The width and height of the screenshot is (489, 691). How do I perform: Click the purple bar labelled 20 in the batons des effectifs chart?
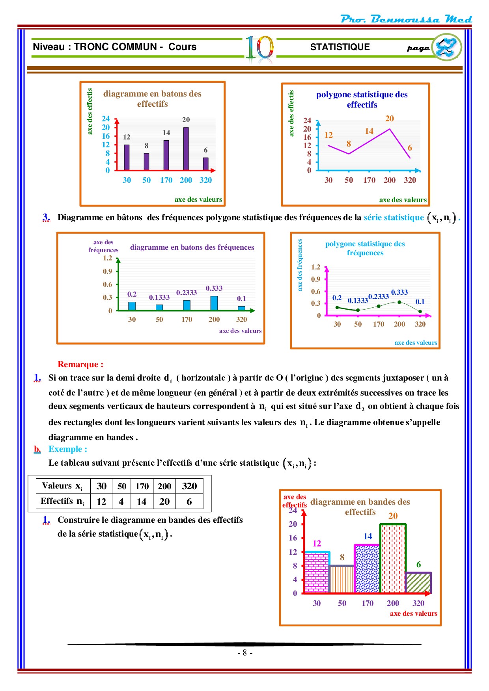click(186, 149)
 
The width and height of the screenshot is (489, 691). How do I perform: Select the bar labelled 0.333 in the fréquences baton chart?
click(214, 303)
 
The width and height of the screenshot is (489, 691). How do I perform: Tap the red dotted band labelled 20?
click(393, 559)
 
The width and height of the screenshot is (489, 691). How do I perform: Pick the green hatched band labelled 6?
click(418, 583)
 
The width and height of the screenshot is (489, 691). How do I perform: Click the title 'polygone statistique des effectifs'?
click(362, 100)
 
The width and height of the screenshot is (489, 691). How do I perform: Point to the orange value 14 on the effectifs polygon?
click(369, 131)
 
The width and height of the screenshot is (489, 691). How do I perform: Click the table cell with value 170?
click(142, 486)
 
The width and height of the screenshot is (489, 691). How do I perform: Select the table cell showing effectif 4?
click(121, 502)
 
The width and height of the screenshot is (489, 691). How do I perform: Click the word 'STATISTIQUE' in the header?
click(340, 47)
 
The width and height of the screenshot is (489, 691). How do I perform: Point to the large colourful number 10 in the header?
click(259, 49)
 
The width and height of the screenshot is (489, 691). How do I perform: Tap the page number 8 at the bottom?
click(244, 653)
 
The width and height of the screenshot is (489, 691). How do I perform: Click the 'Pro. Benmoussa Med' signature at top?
click(406, 19)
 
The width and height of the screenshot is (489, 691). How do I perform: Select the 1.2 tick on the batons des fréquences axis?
click(108, 258)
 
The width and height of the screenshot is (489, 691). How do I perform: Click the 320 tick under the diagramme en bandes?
click(418, 603)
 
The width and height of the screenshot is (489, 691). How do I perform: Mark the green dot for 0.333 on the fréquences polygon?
click(399, 302)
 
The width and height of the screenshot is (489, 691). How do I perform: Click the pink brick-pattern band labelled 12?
click(317, 572)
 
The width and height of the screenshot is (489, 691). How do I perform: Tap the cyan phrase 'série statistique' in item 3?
click(394, 217)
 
